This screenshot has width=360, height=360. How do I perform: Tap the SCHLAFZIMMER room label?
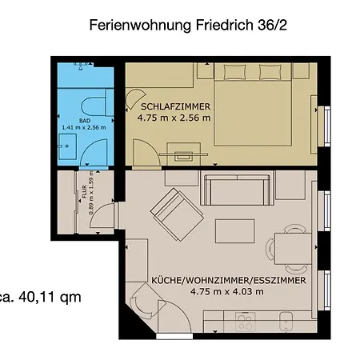tap(175, 106)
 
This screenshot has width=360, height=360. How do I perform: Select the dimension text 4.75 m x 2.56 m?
tap(174, 118)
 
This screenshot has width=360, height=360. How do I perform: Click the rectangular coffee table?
tap(229, 230)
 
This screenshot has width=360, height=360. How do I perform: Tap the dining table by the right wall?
tap(293, 253)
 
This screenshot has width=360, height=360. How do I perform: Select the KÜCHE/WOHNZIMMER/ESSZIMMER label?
tap(216, 282)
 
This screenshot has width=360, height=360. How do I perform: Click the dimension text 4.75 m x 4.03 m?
tap(216, 292)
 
